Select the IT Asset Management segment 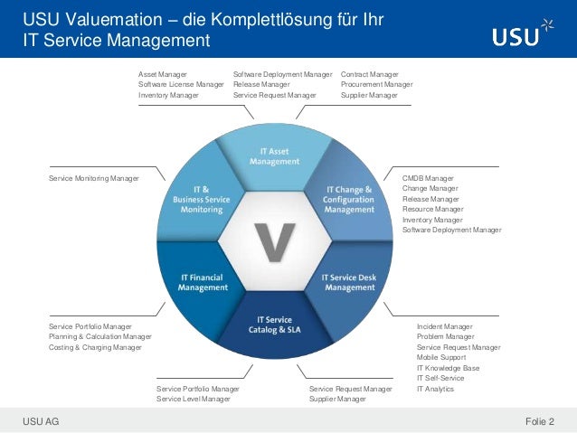coord(274,155)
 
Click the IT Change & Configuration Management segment coord(348,198)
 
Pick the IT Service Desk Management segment coord(349,282)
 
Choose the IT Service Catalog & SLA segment coord(274,325)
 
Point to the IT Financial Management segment coord(202,282)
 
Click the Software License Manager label coord(181,84)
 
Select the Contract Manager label coord(370,73)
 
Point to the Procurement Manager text coord(376,84)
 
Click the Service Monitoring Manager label coord(94,178)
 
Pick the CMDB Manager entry coord(428,178)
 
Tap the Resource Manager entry coord(432,209)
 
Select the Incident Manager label coord(445,325)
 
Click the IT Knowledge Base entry coord(448,368)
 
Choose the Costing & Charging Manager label coord(95,347)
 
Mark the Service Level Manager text coord(193,399)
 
